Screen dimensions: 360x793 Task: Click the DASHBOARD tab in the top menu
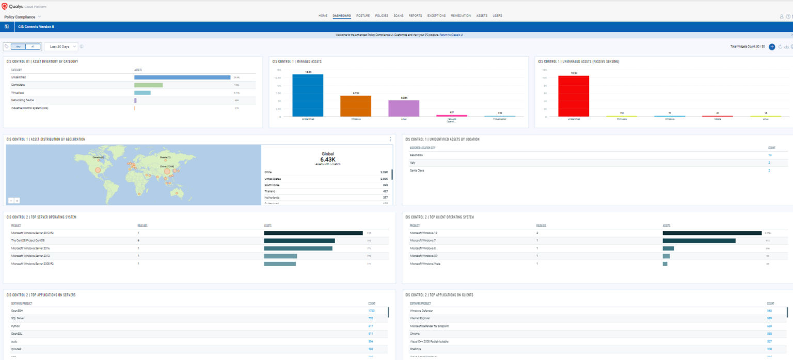click(x=342, y=15)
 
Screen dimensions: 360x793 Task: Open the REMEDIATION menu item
click(x=461, y=15)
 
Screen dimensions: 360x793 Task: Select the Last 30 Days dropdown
click(x=60, y=46)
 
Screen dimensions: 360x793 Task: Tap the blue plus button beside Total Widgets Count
click(x=772, y=46)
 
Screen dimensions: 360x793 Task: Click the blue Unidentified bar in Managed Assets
click(x=308, y=96)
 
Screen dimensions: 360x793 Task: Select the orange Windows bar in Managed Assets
click(x=356, y=106)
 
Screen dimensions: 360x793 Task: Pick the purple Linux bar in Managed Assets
click(x=404, y=108)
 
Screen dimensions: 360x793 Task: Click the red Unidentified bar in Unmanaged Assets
click(x=574, y=96)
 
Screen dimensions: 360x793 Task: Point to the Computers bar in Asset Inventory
click(x=148, y=85)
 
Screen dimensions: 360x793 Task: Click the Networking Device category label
click(x=22, y=100)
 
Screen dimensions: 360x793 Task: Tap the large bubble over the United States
click(x=98, y=170)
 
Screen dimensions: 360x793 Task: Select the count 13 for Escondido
click(x=769, y=155)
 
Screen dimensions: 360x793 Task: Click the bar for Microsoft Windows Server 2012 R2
click(x=313, y=233)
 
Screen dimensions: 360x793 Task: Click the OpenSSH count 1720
click(x=371, y=311)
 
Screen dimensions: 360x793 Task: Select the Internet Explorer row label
click(x=421, y=319)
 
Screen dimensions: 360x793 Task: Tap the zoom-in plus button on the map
click(x=17, y=200)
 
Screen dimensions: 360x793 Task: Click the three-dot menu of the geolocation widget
click(x=390, y=139)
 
